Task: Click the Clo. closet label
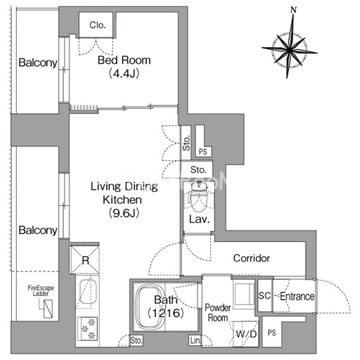[x=97, y=25]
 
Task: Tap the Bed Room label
[x=124, y=60]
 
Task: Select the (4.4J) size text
[x=124, y=74]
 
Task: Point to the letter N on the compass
[x=293, y=10]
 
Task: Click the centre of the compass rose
[x=290, y=50]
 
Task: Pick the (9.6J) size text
[x=124, y=213]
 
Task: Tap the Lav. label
[x=199, y=219]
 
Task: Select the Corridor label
[x=252, y=258]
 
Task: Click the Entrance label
[x=297, y=296]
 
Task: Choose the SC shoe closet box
[x=265, y=295]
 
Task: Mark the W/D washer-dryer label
[x=246, y=334]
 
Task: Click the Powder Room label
[x=218, y=313]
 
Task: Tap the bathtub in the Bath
[x=149, y=307]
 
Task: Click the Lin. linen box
[x=195, y=340]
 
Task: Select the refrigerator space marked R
[x=85, y=259]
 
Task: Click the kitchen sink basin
[x=88, y=291]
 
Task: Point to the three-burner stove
[x=88, y=329]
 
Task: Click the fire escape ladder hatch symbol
[x=49, y=309]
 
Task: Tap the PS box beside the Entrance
[x=271, y=333]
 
